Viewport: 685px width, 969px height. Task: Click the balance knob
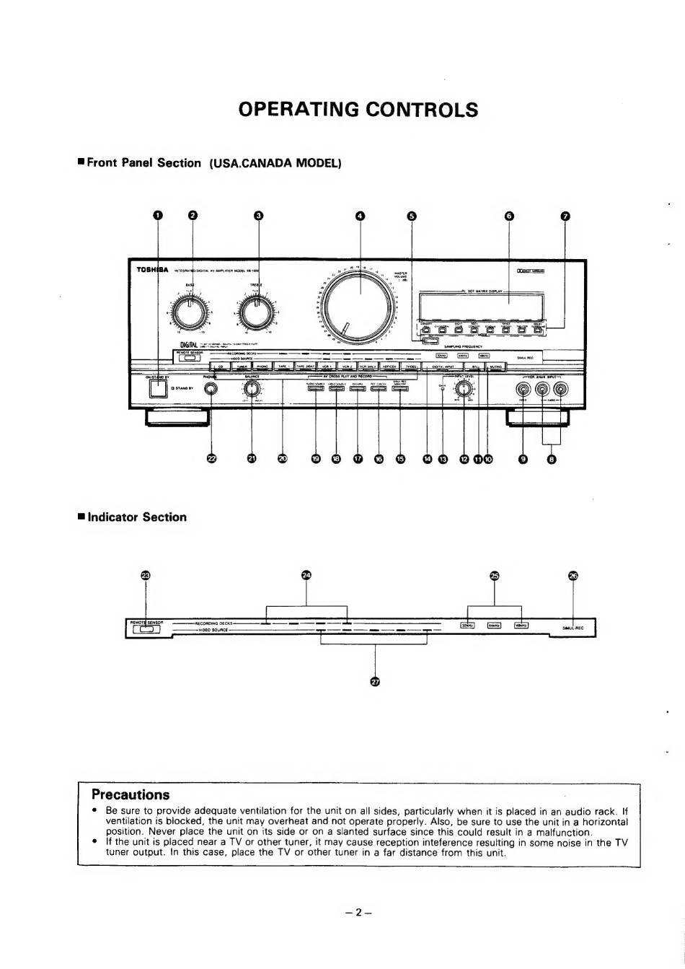pyautogui.click(x=252, y=389)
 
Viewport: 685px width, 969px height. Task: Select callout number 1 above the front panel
pyautogui.click(x=158, y=215)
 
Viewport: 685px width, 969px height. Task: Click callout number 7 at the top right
pyautogui.click(x=565, y=215)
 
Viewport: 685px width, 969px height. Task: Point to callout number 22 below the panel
pyautogui.click(x=211, y=459)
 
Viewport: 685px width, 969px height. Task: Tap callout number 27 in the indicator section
pyautogui.click(x=374, y=682)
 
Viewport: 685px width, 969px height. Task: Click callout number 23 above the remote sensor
pyautogui.click(x=146, y=575)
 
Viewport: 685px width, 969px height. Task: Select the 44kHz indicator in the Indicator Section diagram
pyautogui.click(x=494, y=626)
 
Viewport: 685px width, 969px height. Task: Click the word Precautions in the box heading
pyautogui.click(x=131, y=795)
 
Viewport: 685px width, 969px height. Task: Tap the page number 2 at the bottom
pyautogui.click(x=358, y=912)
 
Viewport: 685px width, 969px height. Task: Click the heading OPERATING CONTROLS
pyautogui.click(x=358, y=110)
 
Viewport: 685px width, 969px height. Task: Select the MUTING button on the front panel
pyautogui.click(x=495, y=367)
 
